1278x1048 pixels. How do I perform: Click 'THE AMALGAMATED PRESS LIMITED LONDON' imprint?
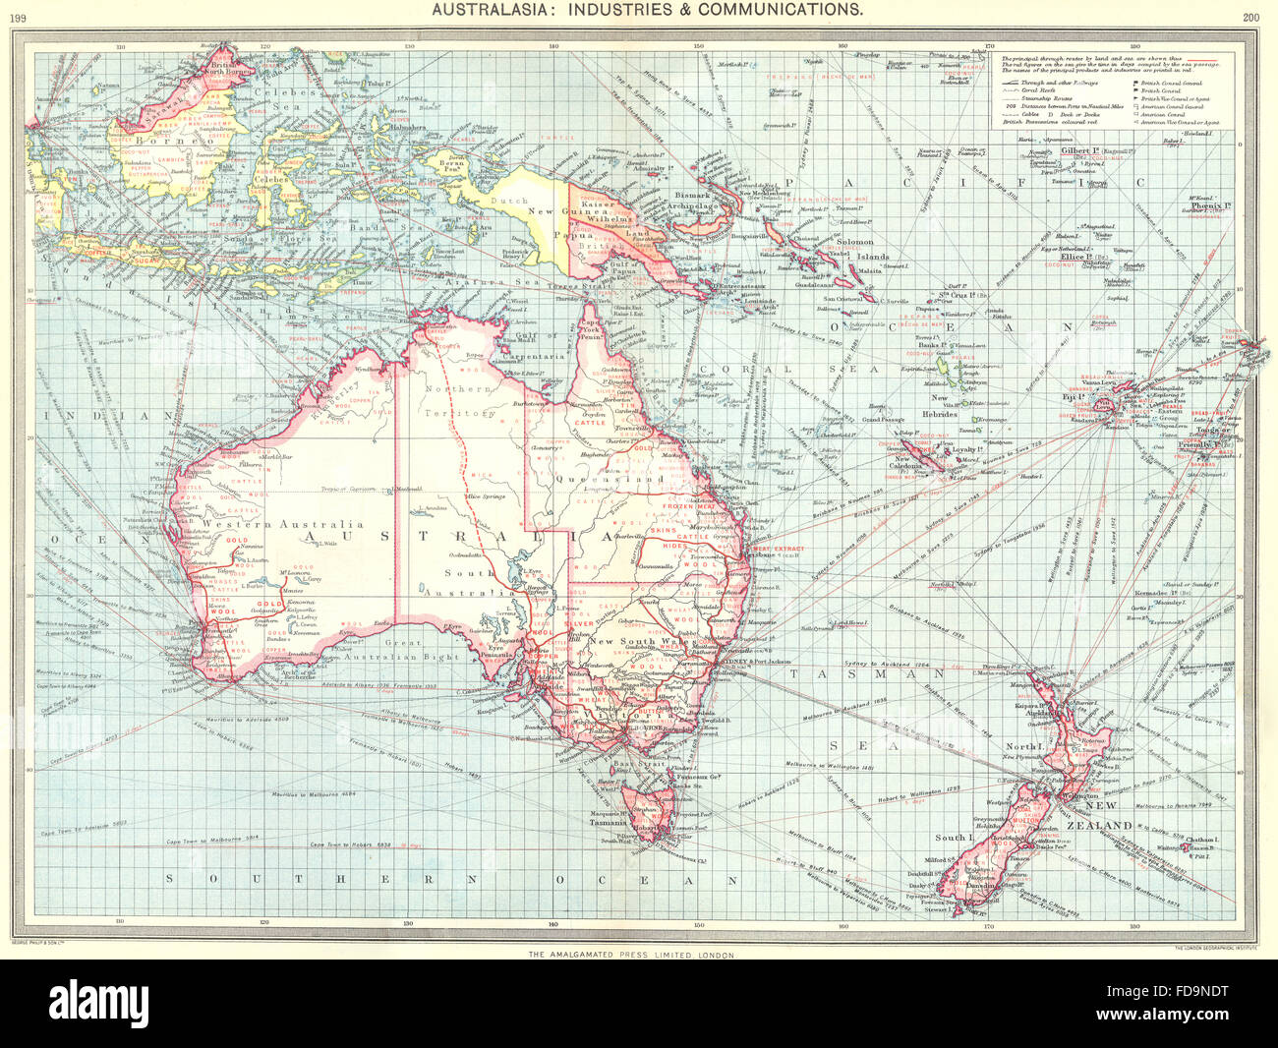click(x=631, y=955)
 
